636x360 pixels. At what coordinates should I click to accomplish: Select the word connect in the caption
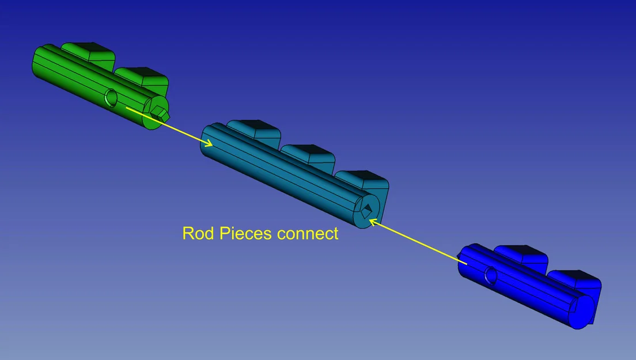click(308, 234)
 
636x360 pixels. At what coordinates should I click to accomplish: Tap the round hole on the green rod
click(111, 98)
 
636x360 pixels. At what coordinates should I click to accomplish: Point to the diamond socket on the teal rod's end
click(366, 210)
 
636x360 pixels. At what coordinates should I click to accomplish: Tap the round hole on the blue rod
click(491, 275)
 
